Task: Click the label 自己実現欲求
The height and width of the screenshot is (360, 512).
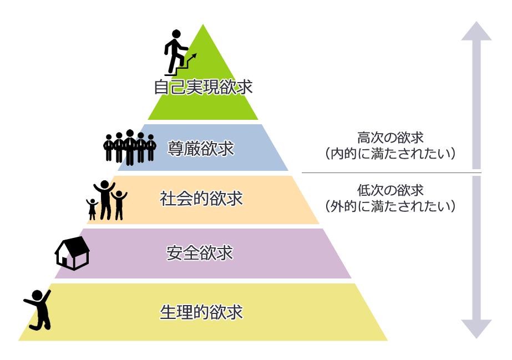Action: (203, 87)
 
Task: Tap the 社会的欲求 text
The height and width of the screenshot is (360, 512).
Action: (201, 199)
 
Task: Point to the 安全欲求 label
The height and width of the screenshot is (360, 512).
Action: (200, 253)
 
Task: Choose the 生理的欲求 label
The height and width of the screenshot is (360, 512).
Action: (201, 312)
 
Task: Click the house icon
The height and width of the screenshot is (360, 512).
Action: (72, 253)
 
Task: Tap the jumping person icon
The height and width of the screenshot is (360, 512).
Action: (38, 310)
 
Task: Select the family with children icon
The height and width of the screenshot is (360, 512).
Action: (107, 200)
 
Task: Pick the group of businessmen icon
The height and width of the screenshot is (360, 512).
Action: (130, 147)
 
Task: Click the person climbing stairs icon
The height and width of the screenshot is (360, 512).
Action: (176, 53)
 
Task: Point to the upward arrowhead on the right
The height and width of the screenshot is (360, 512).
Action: (476, 32)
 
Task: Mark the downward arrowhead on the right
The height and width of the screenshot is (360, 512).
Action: (476, 328)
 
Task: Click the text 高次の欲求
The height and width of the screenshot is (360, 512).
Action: (391, 137)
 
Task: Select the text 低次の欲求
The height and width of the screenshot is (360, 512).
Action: (391, 190)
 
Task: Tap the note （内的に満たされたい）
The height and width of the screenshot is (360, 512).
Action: (391, 153)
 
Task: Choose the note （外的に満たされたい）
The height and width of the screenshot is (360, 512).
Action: (391, 206)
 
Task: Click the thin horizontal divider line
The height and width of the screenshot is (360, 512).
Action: (391, 173)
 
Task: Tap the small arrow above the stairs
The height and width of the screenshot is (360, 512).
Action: (192, 57)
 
